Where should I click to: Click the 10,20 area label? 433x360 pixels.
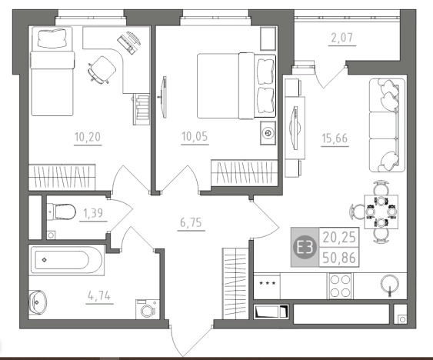coord(88,137)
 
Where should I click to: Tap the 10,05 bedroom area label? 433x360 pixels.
coord(195,136)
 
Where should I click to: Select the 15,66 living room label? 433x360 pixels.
coord(335,138)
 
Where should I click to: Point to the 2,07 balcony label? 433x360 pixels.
coord(342,38)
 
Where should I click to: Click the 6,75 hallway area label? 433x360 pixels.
coord(191,222)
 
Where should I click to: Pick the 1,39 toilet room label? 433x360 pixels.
coord(93,213)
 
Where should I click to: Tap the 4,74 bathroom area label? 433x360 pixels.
coord(99,296)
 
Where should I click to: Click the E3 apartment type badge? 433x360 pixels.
coord(305,247)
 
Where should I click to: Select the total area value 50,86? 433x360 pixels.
coord(339,258)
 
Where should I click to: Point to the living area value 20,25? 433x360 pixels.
coord(339,238)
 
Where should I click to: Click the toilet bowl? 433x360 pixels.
coord(62,212)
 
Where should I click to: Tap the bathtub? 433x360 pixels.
coord(66,260)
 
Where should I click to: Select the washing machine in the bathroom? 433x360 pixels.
coord(148,309)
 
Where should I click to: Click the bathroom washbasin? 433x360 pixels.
coord(38,302)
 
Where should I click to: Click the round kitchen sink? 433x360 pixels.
coord(390,284)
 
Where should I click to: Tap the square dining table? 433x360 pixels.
coord(381,212)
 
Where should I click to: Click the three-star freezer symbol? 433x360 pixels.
coord(267,283)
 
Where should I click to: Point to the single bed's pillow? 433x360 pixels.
coord(52,38)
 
